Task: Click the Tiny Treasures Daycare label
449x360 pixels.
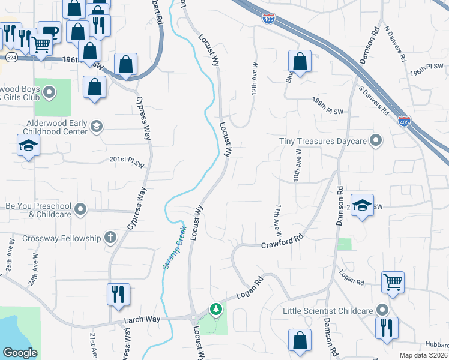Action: (323, 141)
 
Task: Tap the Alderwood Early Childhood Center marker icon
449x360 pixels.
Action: (97, 126)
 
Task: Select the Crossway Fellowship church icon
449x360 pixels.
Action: (110, 238)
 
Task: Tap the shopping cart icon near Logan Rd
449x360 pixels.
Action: (393, 281)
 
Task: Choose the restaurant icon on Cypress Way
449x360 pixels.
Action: (118, 293)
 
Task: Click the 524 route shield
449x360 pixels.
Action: (11, 58)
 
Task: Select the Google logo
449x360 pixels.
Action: (20, 353)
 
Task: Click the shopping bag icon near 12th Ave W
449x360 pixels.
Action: (299, 61)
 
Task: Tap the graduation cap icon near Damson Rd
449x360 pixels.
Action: (362, 204)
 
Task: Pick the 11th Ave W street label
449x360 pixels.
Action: (278, 218)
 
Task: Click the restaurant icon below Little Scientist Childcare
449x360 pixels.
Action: (384, 328)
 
